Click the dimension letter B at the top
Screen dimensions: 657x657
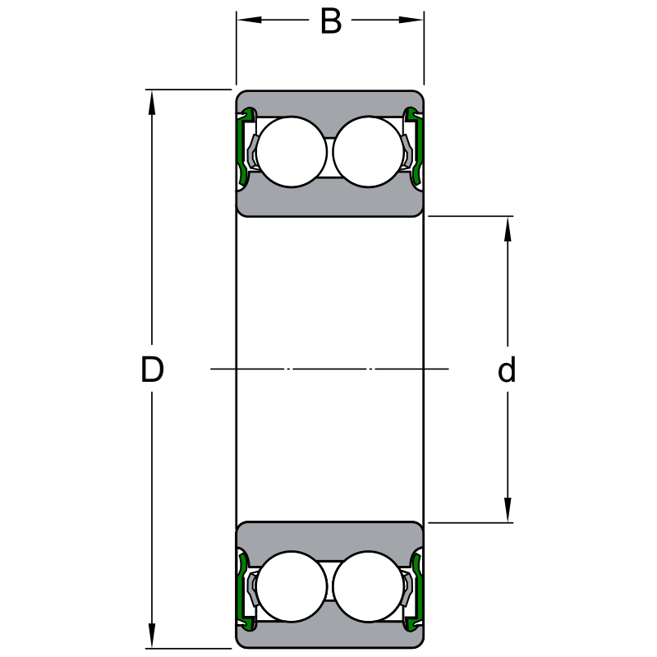coord(330,22)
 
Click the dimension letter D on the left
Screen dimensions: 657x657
coord(152,370)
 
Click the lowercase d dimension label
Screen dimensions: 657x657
coord(507,370)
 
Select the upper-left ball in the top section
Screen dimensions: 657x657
coord(292,152)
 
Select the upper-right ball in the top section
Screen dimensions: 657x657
coord(369,152)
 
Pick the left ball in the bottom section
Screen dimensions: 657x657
coord(292,586)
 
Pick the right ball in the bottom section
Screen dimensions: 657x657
coord(369,586)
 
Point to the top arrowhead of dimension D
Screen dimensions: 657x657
coord(152,100)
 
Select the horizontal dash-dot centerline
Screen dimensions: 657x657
coord(328,369)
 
